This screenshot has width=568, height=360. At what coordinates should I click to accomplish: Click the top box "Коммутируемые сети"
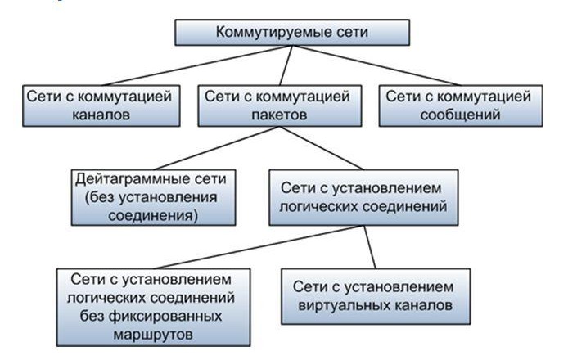(293, 33)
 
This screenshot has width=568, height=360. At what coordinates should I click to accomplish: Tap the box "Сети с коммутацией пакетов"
(277, 106)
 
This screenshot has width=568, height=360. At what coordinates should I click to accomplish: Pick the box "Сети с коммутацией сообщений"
(458, 106)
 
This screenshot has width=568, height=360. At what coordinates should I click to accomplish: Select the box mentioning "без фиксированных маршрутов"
(154, 305)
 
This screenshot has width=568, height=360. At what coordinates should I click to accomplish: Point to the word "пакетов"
(277, 115)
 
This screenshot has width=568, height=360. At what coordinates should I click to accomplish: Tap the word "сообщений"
(458, 115)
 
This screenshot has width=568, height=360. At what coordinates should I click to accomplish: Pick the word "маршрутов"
(153, 335)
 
